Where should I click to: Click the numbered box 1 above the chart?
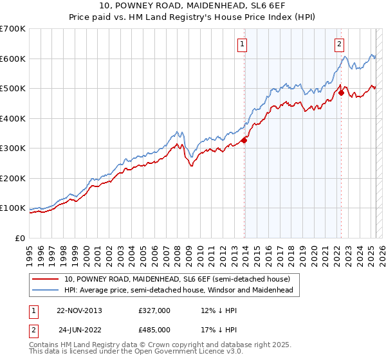pyautogui.click(x=242, y=44)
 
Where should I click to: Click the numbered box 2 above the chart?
pyautogui.click(x=338, y=44)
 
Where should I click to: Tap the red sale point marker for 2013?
pyautogui.click(x=244, y=140)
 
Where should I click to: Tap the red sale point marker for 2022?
pyautogui.click(x=341, y=93)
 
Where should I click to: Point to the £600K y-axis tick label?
pyautogui.click(x=13, y=59)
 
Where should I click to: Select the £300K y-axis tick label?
pyautogui.click(x=13, y=148)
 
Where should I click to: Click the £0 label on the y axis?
pyautogui.click(x=19, y=238)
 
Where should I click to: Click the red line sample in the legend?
pyautogui.click(x=45, y=279)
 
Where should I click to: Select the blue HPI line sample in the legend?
pyautogui.click(x=45, y=290)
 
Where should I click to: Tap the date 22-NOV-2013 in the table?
pyautogui.click(x=79, y=310)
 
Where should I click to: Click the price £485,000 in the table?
pyautogui.click(x=154, y=330)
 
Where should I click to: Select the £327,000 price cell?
pyautogui.click(x=154, y=310)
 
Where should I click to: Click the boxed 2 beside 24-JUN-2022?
pyautogui.click(x=33, y=330)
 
